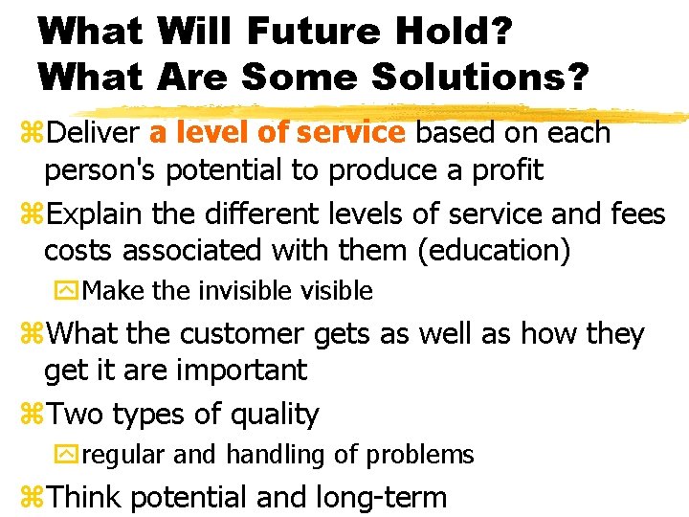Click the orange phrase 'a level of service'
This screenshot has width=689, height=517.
coord(278,132)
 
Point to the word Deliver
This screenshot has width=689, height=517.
coord(93,132)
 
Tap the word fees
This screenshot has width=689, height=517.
coord(636,214)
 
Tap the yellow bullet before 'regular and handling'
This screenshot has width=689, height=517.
coord(70,455)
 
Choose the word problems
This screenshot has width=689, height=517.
coord(426,455)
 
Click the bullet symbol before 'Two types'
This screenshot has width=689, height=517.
coord(32,415)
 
